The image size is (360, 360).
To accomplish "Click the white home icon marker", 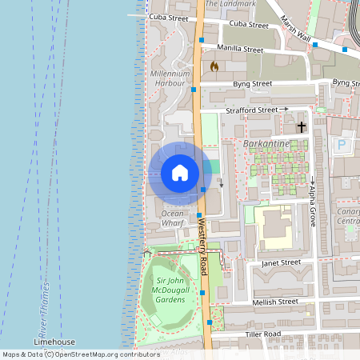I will (180, 173).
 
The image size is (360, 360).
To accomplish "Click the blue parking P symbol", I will (342, 146).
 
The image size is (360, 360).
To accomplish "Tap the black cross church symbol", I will (302, 127).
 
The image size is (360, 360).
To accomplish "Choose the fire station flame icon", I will (214, 67).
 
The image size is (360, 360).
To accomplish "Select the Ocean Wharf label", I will (173, 218).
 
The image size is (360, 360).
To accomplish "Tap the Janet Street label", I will (280, 262).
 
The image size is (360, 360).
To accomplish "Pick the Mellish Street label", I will (275, 302).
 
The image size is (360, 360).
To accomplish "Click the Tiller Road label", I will (263, 334).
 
